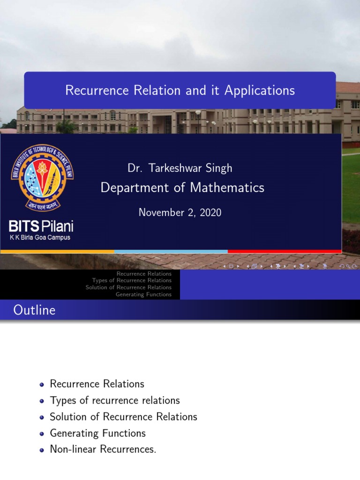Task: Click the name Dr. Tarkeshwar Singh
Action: [x=180, y=168]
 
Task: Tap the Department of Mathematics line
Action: [x=182, y=188]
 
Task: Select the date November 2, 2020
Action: [x=180, y=212]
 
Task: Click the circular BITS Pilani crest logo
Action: [x=42, y=178]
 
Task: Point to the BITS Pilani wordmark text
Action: [x=41, y=227]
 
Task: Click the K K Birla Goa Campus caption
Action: [x=40, y=238]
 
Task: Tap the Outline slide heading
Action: [x=34, y=310]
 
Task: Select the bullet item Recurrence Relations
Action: [x=97, y=384]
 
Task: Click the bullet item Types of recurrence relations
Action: [x=115, y=400]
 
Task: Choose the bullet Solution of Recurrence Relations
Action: [x=123, y=417]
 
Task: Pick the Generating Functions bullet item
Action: [x=97, y=433]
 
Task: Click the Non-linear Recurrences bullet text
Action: [x=103, y=450]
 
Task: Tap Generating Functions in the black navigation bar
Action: [x=143, y=294]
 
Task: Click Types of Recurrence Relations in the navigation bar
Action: [x=132, y=280]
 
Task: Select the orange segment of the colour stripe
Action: [x=57, y=252]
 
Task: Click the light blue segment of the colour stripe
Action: [x=171, y=252]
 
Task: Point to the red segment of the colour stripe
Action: [x=284, y=252]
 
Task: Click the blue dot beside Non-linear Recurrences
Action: [x=42, y=450]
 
